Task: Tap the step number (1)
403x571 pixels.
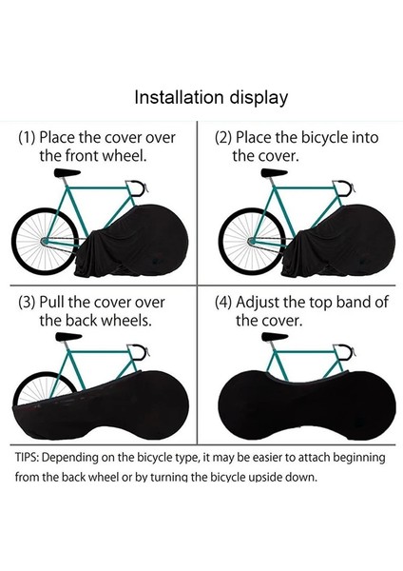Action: (29, 137)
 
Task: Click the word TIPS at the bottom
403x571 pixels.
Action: (29, 458)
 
